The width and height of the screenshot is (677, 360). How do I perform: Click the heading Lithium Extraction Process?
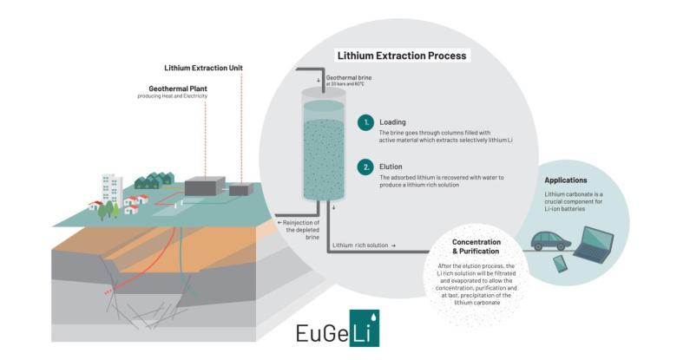point(402,56)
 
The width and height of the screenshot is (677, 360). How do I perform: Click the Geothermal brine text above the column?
point(352,77)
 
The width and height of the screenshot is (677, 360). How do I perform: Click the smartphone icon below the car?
point(560,264)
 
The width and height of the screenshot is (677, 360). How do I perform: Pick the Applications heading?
point(566,180)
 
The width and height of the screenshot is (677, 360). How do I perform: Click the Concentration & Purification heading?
point(476,246)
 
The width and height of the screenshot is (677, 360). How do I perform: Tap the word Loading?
point(393,122)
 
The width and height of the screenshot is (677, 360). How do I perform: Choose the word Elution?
point(392,164)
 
